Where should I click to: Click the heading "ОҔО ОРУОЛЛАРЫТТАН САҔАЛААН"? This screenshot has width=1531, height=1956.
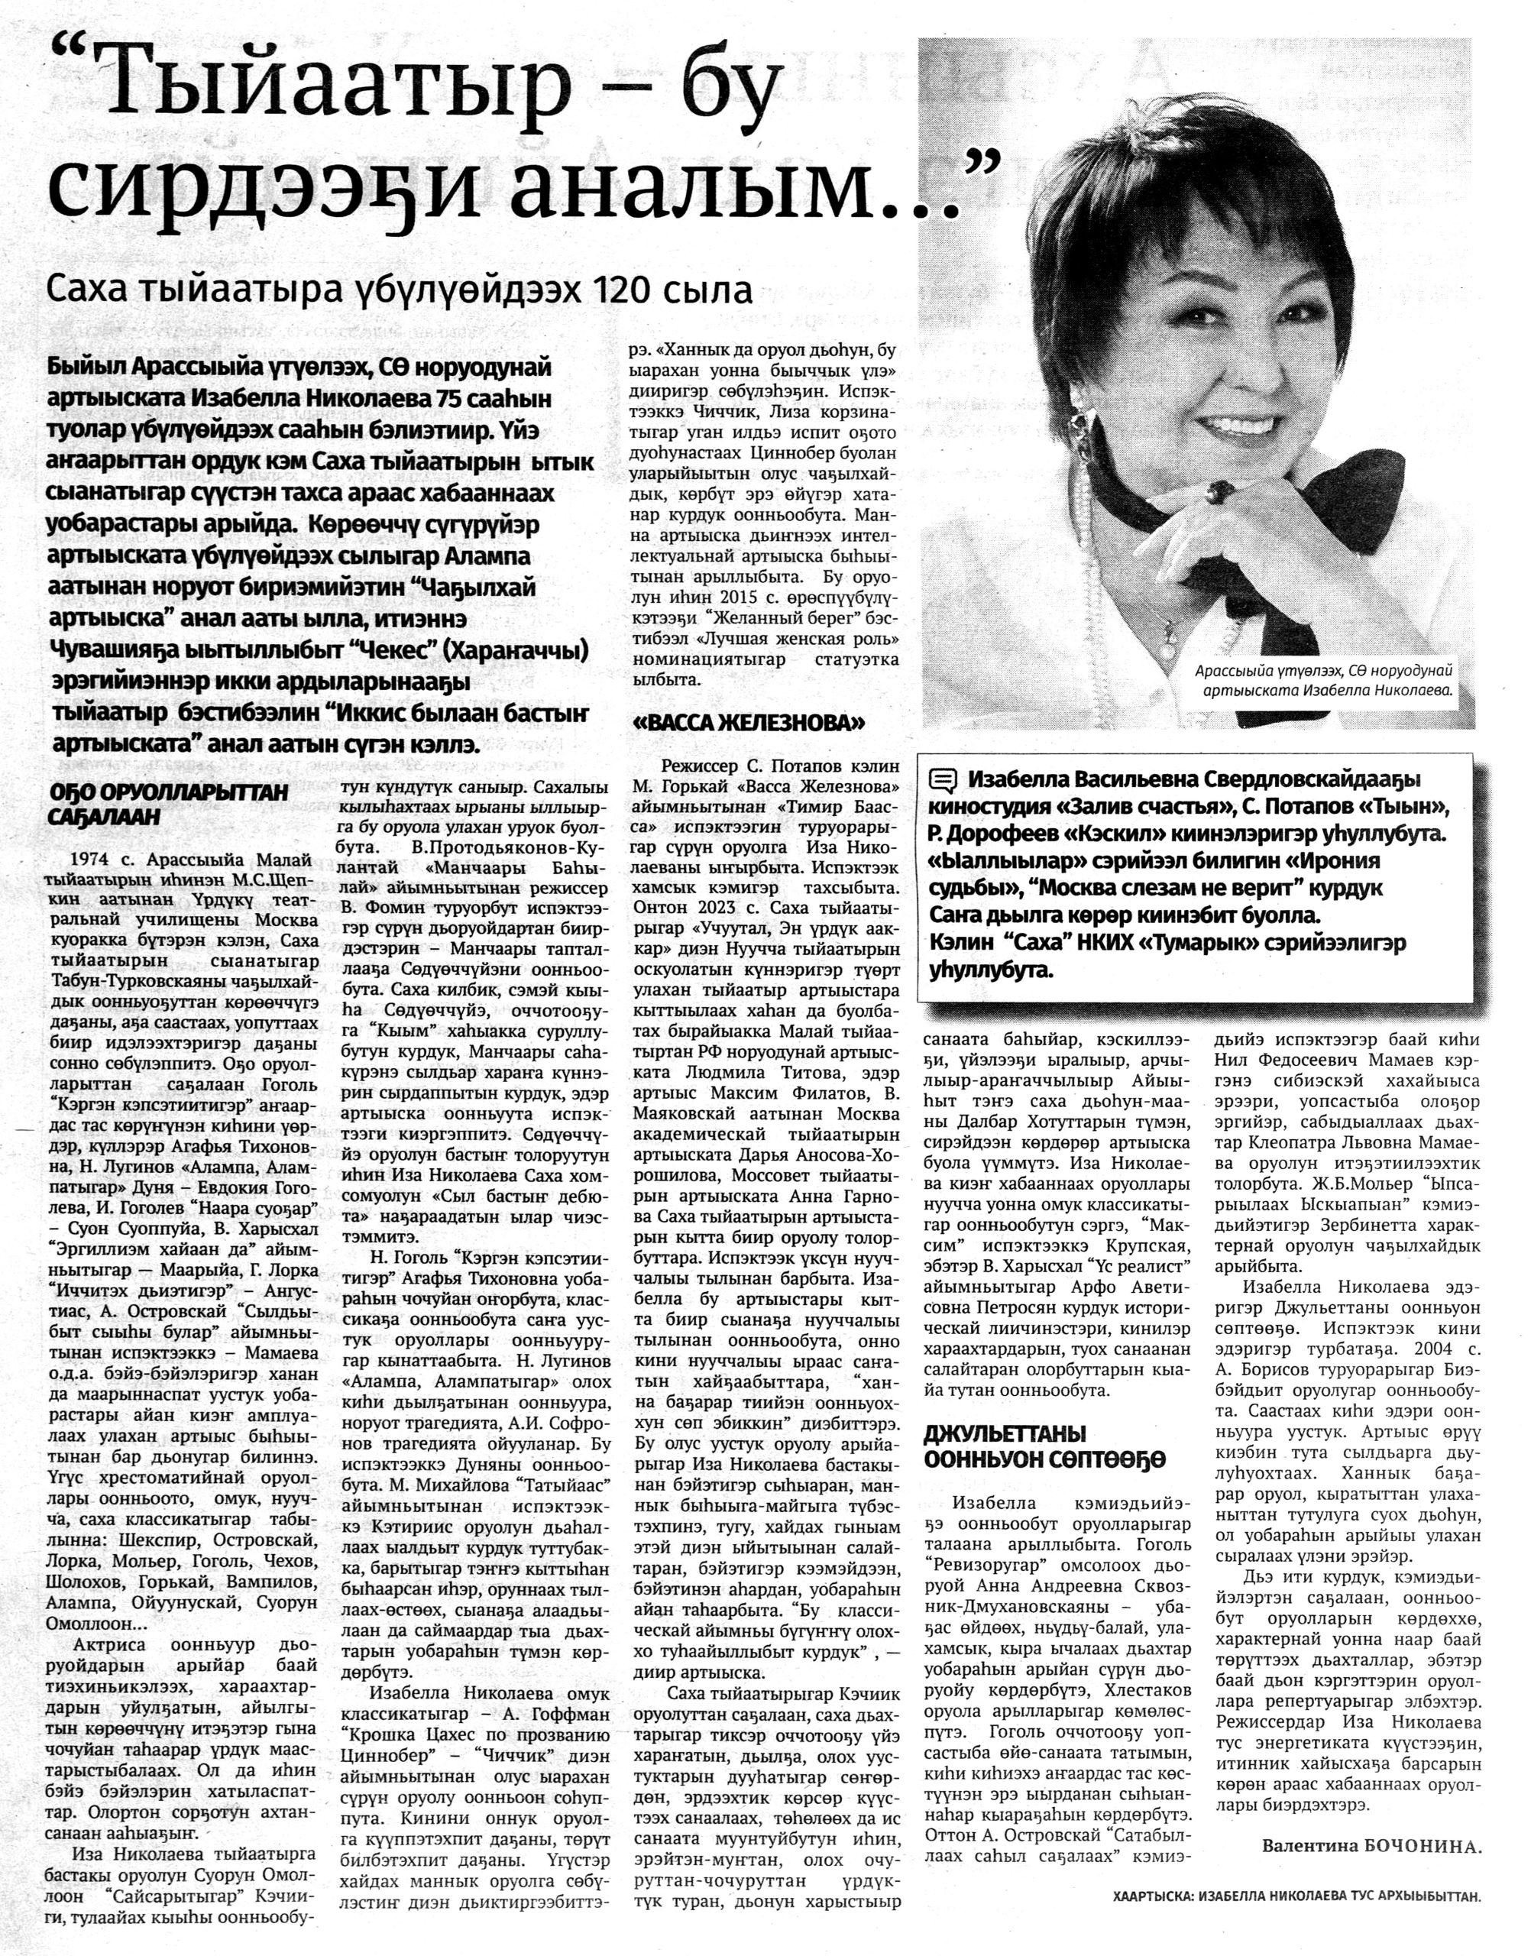tap(167, 804)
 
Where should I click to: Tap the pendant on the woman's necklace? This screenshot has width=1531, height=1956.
tap(1169, 633)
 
